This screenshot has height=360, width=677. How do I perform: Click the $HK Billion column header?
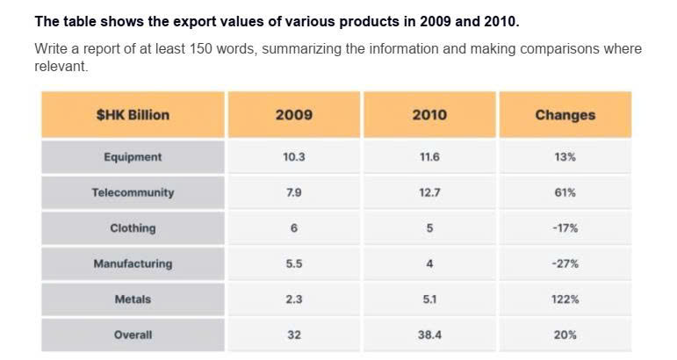click(x=133, y=115)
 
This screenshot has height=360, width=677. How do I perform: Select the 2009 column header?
click(x=294, y=115)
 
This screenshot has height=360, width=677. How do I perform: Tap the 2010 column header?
click(x=429, y=115)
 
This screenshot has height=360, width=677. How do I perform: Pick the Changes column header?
click(x=565, y=115)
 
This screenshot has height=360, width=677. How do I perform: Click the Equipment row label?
click(x=133, y=157)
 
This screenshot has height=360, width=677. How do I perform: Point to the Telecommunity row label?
click(x=133, y=192)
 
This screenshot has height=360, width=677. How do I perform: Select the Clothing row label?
click(x=133, y=228)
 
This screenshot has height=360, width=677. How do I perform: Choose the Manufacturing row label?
click(x=133, y=263)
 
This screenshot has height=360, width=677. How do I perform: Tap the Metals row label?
click(x=133, y=299)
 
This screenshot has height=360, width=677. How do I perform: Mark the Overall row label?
click(x=133, y=335)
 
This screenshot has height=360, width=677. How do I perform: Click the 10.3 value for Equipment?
click(x=294, y=156)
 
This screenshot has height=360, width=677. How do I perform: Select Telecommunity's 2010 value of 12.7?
click(x=429, y=192)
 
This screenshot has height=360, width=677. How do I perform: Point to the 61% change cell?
click(x=565, y=192)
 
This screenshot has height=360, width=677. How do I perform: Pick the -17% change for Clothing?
click(x=565, y=228)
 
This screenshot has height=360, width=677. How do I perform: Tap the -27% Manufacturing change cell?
click(x=565, y=263)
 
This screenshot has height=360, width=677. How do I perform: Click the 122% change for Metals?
click(x=565, y=299)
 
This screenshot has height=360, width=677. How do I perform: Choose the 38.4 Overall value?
click(x=429, y=335)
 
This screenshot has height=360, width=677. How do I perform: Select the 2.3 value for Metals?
click(x=294, y=299)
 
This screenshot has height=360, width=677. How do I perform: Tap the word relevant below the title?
click(x=61, y=66)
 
